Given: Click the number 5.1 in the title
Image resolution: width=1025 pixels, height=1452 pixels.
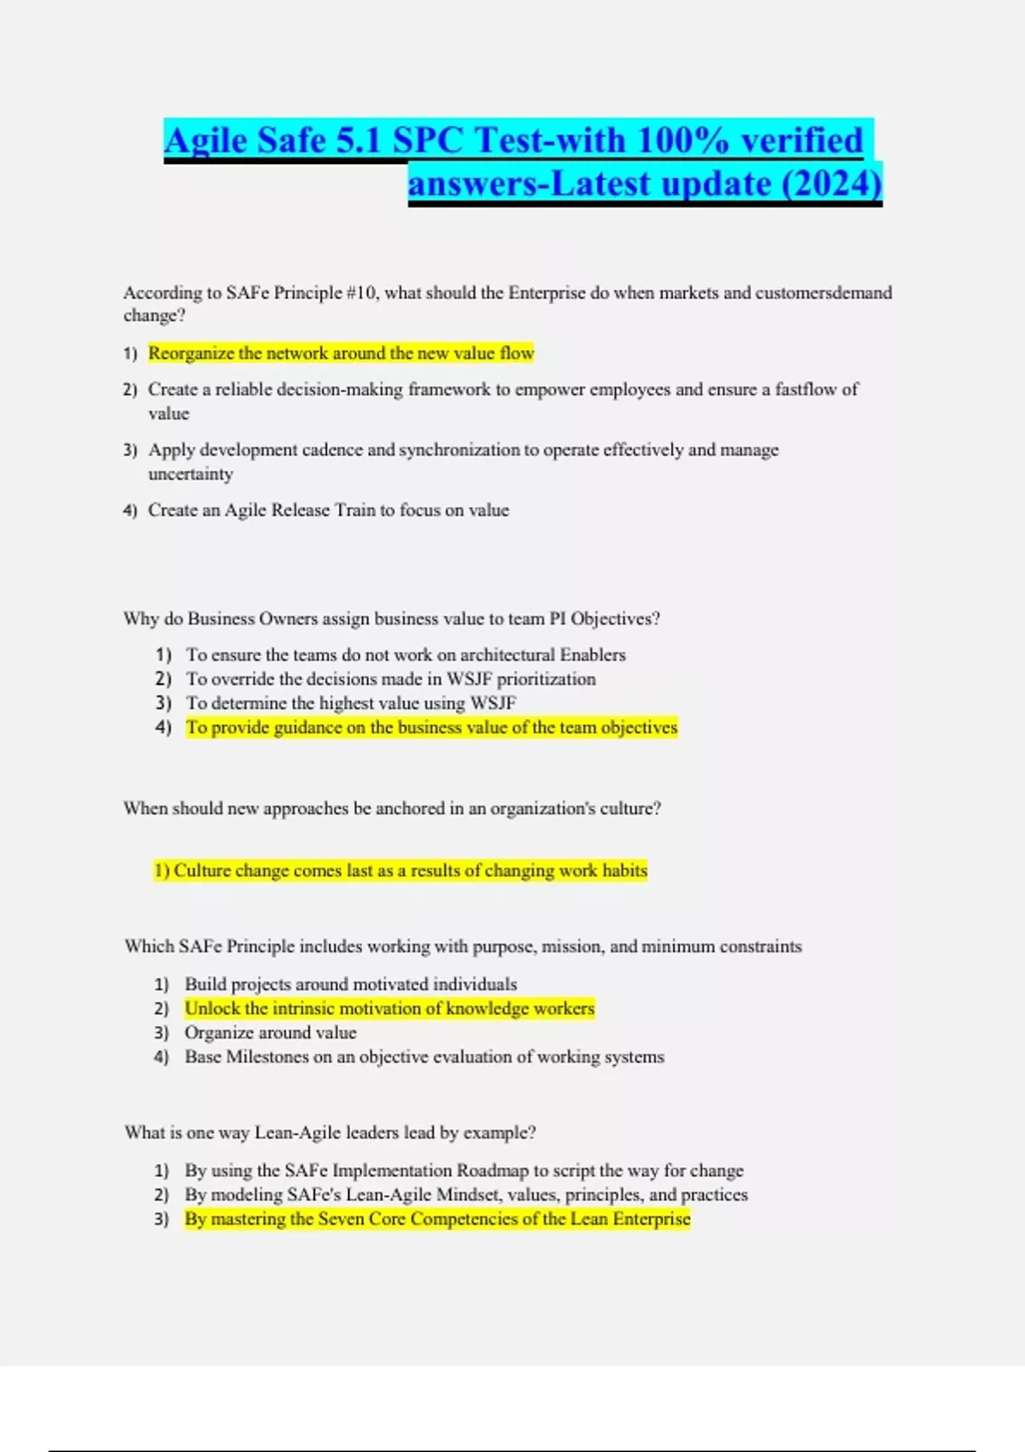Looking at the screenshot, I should tap(358, 141).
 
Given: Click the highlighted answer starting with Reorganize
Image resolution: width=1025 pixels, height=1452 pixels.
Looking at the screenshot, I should tap(341, 354).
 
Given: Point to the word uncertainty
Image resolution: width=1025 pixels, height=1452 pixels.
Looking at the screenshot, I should tap(190, 474).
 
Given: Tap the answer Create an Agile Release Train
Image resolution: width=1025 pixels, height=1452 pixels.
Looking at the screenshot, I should tap(328, 511).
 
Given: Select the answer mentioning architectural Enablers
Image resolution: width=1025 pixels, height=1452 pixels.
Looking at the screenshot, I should tap(406, 655).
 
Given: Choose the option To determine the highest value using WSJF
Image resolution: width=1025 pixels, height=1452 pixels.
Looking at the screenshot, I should tap(351, 703).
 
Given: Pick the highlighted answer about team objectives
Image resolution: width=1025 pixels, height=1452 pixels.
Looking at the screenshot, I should tap(431, 728).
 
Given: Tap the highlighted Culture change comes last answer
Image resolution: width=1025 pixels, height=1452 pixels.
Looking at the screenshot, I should tap(401, 870).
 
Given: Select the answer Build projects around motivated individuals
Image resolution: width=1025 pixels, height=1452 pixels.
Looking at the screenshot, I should tap(351, 984).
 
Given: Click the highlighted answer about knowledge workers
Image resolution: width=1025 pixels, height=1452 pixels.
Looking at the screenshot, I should tap(389, 1009).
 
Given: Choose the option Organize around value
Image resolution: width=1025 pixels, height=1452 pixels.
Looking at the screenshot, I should tap(271, 1033).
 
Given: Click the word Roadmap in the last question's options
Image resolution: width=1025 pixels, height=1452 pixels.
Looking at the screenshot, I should tap(492, 1171).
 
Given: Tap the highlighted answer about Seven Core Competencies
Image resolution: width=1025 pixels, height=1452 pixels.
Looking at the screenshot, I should tap(437, 1219).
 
